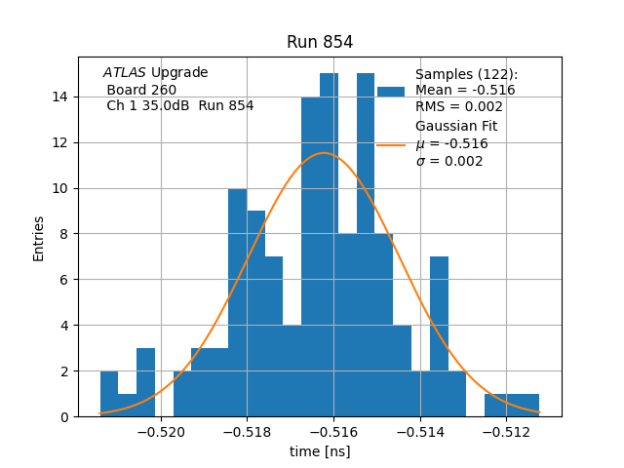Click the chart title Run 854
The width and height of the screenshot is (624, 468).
click(x=320, y=42)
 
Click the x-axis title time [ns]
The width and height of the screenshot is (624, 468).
click(x=320, y=451)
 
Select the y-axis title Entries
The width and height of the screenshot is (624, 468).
click(x=39, y=237)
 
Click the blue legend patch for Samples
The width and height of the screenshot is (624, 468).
click(x=390, y=91)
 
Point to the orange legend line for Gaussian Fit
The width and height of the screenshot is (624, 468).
click(x=390, y=144)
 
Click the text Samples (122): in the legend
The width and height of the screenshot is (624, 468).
click(x=466, y=75)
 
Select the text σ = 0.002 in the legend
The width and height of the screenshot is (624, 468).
click(x=449, y=162)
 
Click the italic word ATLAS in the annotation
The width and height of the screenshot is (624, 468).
click(x=125, y=73)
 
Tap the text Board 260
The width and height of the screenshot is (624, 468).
click(x=141, y=90)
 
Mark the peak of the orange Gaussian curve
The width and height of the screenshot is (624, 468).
click(x=324, y=153)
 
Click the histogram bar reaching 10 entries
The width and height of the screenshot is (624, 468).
click(x=237, y=302)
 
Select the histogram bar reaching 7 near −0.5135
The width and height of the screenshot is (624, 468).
click(x=439, y=313)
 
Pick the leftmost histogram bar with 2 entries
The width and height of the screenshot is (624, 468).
click(x=108, y=394)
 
